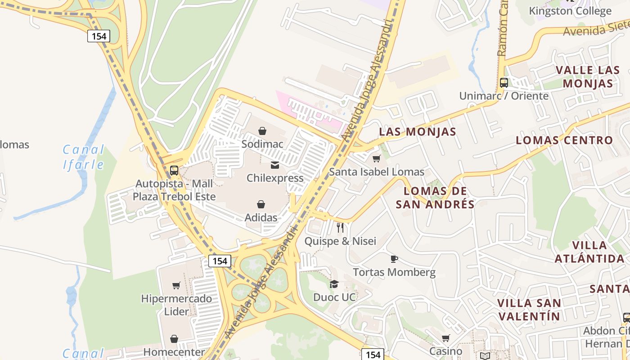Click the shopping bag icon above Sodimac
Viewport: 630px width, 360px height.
click(262, 131)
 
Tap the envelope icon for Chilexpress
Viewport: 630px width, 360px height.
click(274, 165)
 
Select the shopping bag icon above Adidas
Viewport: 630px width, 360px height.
click(261, 205)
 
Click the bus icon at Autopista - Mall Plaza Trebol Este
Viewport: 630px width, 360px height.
click(174, 171)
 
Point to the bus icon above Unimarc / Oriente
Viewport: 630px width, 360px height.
click(504, 83)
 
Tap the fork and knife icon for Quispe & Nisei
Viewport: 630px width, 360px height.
click(340, 228)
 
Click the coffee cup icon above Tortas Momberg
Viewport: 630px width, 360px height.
click(394, 259)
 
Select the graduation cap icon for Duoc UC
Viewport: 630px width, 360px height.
click(334, 284)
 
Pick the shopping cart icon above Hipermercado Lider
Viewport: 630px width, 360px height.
click(176, 285)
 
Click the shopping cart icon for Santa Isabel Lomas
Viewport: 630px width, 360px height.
click(377, 158)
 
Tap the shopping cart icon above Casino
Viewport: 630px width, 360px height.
click(445, 338)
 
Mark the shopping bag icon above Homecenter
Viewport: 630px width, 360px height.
click(174, 339)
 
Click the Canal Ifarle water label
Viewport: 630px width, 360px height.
click(84, 157)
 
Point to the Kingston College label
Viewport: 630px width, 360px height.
click(570, 11)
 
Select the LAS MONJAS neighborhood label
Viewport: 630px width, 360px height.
click(418, 132)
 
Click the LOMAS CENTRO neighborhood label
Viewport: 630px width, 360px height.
click(564, 140)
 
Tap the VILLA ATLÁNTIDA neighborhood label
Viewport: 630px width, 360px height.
click(589, 252)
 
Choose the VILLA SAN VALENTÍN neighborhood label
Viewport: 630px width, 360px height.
click(529, 310)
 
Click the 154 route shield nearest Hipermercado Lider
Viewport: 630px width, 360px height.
click(220, 261)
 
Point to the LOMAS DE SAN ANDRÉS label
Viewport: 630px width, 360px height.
click(435, 198)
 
